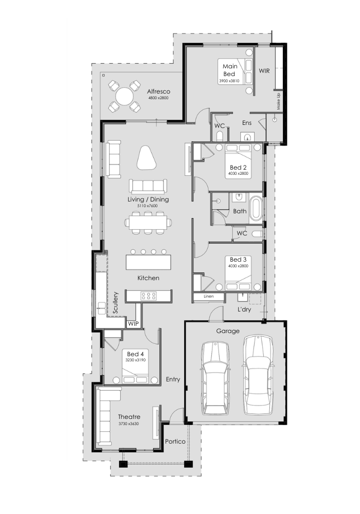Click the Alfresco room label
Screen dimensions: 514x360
(x=158, y=91)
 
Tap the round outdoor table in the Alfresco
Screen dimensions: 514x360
(x=124, y=96)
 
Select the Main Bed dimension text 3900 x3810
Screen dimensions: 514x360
(x=229, y=81)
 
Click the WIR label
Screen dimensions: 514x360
(x=264, y=70)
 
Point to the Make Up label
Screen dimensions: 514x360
(x=279, y=102)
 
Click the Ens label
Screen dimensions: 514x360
(x=247, y=123)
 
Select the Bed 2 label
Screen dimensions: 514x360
(x=238, y=168)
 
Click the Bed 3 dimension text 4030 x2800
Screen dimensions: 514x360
(x=238, y=266)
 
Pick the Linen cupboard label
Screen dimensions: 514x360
(x=208, y=297)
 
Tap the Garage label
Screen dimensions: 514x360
(x=228, y=331)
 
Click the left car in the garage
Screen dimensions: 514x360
(x=215, y=377)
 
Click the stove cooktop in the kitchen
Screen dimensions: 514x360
(x=149, y=296)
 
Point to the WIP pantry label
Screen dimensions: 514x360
(x=133, y=323)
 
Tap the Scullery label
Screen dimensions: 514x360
(x=116, y=303)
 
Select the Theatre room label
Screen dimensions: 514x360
(x=129, y=417)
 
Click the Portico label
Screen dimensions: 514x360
(x=175, y=442)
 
